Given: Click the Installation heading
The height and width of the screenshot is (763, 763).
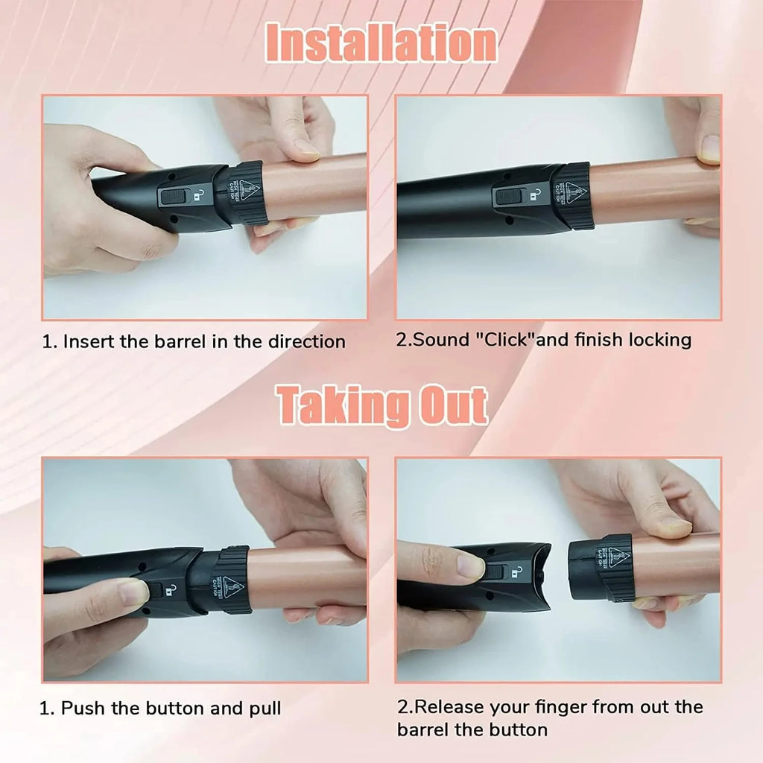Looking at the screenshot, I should click(x=381, y=43).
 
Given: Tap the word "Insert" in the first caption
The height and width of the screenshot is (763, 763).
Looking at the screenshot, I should click(x=87, y=342).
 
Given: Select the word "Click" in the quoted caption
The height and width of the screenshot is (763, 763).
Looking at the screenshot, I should click(x=504, y=340).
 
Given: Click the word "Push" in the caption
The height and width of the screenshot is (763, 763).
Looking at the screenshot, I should click(x=83, y=707).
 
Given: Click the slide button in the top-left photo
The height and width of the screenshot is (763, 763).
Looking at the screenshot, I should click(x=174, y=196).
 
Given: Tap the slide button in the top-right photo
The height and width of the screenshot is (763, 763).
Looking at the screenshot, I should click(x=509, y=197).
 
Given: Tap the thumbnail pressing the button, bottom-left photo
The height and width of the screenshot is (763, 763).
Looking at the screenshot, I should click(x=134, y=592).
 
